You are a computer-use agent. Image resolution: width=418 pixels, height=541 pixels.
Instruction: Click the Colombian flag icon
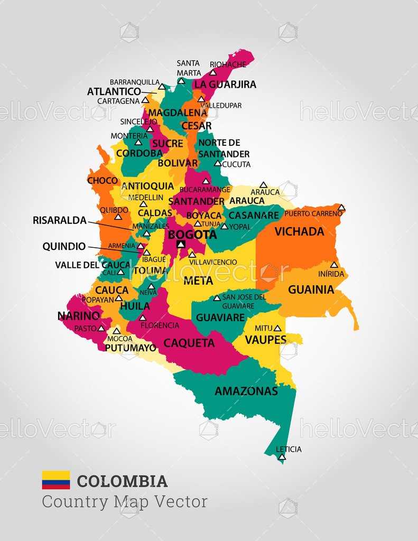click(x=56, y=480)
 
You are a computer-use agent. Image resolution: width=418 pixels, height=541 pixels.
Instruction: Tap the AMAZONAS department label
click(x=246, y=391)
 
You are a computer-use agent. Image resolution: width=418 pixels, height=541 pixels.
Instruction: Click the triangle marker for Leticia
click(x=282, y=456)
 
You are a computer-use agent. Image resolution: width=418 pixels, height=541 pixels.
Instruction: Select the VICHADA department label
click(x=299, y=231)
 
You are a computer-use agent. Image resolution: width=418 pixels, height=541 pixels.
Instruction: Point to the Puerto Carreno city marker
click(x=342, y=208)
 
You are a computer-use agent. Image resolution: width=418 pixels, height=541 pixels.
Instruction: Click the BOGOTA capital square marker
click(x=181, y=244)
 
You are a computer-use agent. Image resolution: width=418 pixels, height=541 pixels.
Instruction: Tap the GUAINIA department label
click(x=311, y=290)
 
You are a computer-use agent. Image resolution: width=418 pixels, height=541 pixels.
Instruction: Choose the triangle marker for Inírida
click(x=334, y=265)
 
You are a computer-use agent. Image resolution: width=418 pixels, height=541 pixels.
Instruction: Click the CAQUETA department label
click(x=189, y=343)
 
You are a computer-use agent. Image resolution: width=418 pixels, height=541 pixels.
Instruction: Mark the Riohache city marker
click(x=213, y=72)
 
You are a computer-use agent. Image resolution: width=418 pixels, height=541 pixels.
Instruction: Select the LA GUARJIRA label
click(x=225, y=85)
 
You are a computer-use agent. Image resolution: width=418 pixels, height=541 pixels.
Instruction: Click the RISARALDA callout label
click(x=59, y=220)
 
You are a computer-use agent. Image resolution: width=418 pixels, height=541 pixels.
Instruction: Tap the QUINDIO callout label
click(x=64, y=246)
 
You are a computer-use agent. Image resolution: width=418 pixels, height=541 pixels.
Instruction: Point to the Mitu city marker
click(x=277, y=328)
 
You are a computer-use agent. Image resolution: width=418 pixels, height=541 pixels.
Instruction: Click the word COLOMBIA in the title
click(x=122, y=481)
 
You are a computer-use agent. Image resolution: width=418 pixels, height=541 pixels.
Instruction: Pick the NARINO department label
click(x=78, y=316)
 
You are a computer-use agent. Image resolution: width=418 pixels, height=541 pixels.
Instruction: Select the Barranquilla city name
click(x=134, y=82)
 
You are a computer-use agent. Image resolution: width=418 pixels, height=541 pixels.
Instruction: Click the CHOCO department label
click(x=103, y=181)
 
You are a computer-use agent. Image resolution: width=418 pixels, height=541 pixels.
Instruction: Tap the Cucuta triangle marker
click(x=217, y=163)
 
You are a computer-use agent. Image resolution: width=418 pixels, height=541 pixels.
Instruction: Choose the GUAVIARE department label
click(x=220, y=318)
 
